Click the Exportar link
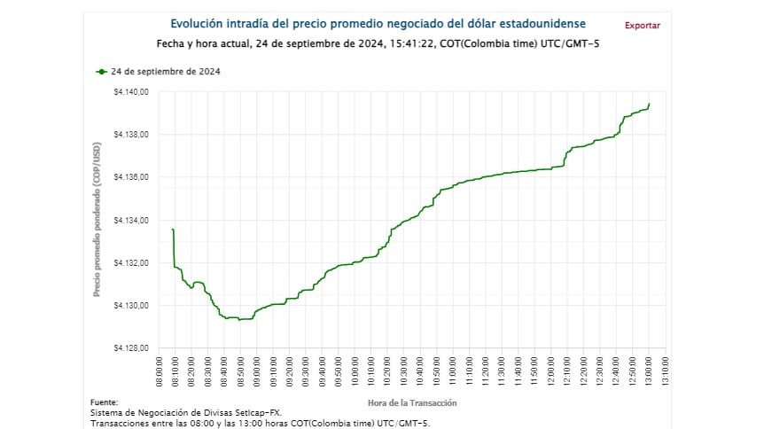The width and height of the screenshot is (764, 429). click(x=642, y=25)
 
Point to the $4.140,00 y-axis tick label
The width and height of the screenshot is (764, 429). click(x=131, y=92)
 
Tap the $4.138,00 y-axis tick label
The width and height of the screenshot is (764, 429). click(x=131, y=135)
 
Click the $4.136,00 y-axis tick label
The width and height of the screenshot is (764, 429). click(x=131, y=177)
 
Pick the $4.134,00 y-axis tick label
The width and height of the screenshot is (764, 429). click(x=131, y=220)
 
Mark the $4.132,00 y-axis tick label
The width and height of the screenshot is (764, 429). click(x=131, y=263)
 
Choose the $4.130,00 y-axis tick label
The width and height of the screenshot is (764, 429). click(x=131, y=306)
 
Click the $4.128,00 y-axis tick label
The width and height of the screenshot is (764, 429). click(x=131, y=348)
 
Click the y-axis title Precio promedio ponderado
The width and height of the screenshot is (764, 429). click(x=97, y=221)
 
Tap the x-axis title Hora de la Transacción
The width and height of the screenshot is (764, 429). click(x=411, y=402)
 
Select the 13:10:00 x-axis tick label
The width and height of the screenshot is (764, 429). click(x=665, y=372)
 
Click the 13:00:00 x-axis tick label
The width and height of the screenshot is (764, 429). click(x=649, y=372)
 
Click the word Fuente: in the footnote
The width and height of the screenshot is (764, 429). click(x=104, y=402)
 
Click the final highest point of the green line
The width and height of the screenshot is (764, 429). click(x=649, y=104)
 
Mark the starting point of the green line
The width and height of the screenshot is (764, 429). click(x=172, y=230)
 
